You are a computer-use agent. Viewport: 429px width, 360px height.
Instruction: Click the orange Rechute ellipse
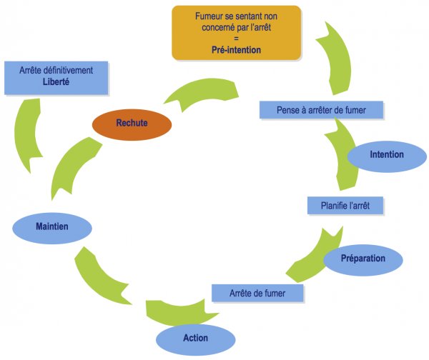(132, 124)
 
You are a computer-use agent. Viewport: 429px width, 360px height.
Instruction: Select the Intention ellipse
(386, 155)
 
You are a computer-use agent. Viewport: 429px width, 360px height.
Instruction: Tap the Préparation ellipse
(363, 259)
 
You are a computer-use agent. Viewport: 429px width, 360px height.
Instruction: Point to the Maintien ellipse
(52, 228)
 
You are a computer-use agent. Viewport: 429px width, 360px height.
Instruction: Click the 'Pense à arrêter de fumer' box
(320, 110)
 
